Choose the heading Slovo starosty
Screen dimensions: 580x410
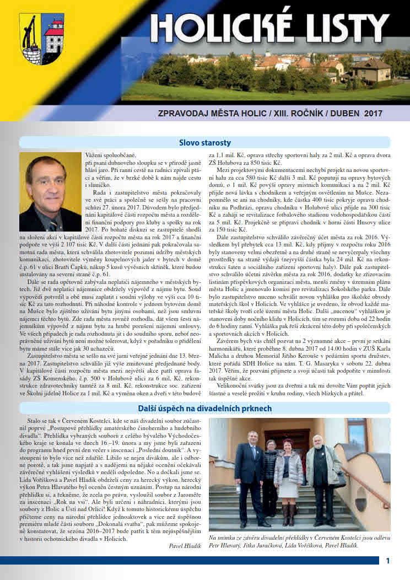204,143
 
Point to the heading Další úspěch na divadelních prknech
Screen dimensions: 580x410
204,409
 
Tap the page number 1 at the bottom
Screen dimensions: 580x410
388,561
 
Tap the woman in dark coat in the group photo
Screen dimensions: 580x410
270,474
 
